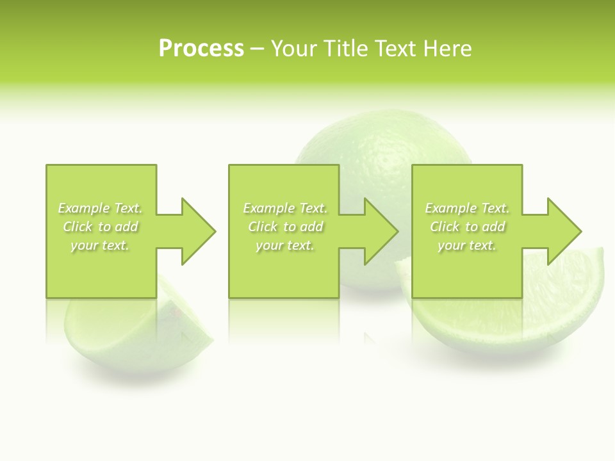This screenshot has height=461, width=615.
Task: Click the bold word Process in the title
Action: pos(201,49)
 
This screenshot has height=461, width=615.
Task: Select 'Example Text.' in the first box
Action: pos(101,208)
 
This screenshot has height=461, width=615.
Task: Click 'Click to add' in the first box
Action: pos(101,227)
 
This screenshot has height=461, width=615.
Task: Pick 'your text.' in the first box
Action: pos(101,245)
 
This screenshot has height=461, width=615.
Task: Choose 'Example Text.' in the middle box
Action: pos(285,208)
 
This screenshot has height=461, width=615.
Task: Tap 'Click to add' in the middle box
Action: pos(285,227)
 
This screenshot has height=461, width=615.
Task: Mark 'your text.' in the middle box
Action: pos(285,245)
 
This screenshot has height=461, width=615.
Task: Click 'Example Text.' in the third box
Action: pos(467,208)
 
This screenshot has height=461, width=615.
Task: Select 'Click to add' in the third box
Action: pos(467,227)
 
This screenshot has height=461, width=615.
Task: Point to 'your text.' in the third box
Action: pos(467,245)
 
